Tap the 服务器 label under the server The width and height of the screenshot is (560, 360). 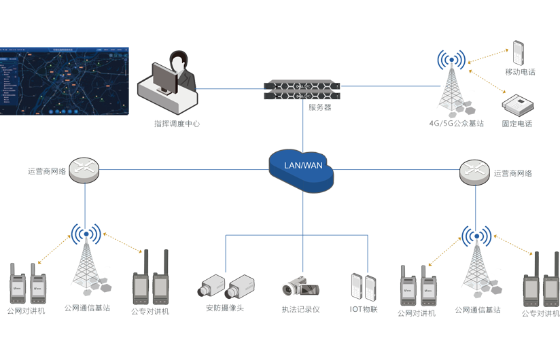(319, 107)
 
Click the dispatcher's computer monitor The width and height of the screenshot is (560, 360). (164, 78)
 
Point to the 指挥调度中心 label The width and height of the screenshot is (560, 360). (177, 124)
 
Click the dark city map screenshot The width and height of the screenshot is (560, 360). (64, 81)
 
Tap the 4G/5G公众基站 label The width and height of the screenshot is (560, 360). (456, 124)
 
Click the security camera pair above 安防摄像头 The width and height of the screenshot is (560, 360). (227, 286)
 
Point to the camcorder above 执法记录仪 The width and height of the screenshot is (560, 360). (298, 286)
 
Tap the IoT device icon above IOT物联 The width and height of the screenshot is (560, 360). (364, 285)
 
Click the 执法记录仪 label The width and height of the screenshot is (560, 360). (300, 309)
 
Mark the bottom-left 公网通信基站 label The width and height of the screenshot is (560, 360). (87, 308)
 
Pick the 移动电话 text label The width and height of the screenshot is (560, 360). (520, 72)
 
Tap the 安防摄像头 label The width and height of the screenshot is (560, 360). (224, 308)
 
